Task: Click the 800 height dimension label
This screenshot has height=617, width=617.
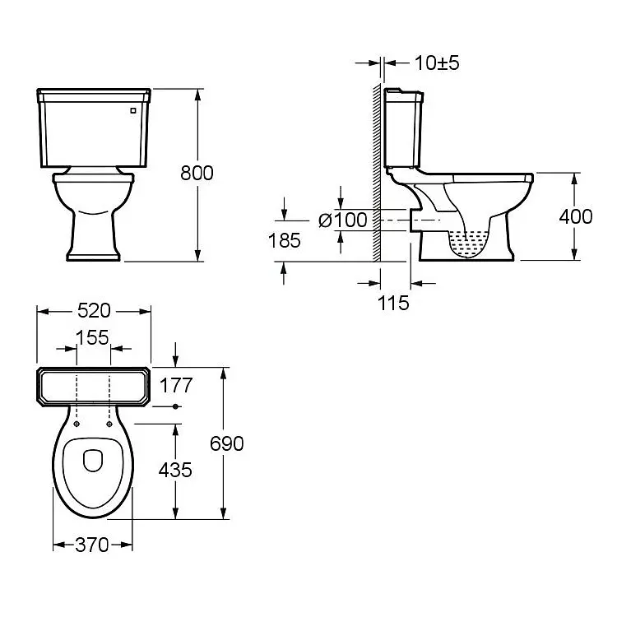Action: (197, 173)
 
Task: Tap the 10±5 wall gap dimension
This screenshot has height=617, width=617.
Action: (437, 63)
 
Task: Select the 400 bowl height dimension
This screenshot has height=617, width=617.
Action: (576, 217)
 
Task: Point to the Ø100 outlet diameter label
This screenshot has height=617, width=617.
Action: (343, 220)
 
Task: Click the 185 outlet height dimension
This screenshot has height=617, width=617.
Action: (284, 240)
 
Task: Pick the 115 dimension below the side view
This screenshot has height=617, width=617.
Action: (393, 303)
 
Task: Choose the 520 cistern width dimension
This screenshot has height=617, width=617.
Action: (94, 311)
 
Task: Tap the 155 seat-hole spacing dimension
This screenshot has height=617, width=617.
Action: (92, 337)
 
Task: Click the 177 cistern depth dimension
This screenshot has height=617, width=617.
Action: (175, 385)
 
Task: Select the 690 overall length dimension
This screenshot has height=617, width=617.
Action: (227, 444)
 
